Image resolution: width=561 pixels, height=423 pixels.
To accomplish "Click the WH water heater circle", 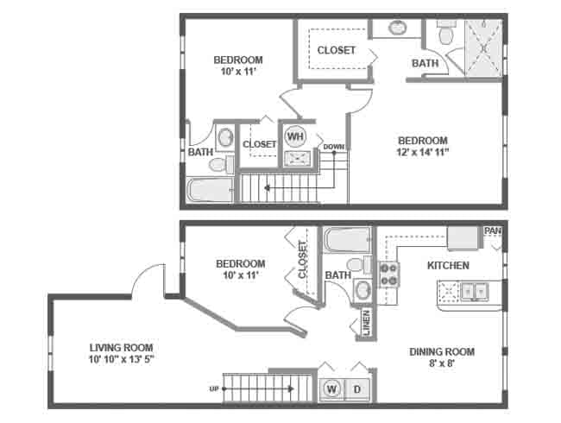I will point(295,136).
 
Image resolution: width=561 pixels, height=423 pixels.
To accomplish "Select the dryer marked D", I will point(357,390).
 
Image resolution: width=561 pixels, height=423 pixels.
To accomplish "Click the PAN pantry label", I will point(493,230).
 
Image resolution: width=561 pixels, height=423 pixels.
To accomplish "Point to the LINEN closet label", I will point(367,322).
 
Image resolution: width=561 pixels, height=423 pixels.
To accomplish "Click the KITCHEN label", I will point(448,265).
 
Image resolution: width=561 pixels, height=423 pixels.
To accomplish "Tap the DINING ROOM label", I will point(443,351).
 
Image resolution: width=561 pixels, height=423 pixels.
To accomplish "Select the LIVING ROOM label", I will point(121,348).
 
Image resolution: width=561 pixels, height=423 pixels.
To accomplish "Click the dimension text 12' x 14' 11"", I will point(422,152).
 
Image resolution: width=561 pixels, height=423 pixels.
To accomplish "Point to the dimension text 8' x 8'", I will point(442,363).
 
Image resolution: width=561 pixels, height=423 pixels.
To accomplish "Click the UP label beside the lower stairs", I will point(213,388).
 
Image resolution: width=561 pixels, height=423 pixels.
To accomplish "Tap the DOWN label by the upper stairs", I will point(334,147).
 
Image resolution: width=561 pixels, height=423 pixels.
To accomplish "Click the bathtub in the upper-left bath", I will point(209,190).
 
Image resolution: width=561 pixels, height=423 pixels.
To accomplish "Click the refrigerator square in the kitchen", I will point(463,237).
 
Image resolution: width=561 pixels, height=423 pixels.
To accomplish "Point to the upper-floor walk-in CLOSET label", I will point(336,50).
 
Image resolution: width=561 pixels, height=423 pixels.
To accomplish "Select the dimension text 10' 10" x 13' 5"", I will point(122,360).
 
